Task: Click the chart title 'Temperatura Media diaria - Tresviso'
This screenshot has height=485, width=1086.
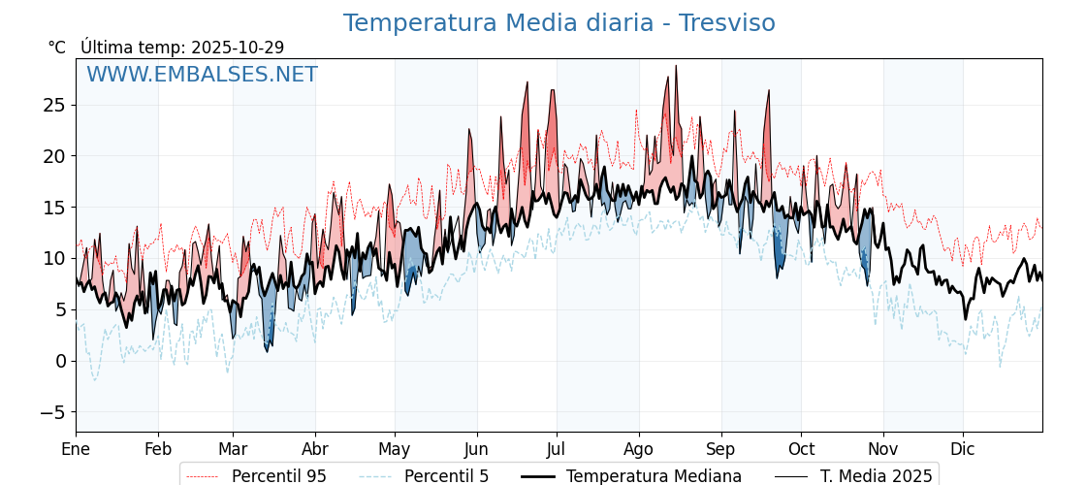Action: pos(559,23)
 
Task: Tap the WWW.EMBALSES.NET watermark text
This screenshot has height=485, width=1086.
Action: pos(202,75)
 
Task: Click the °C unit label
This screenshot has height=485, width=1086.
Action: pos(57,48)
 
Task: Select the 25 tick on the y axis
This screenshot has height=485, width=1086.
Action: pos(54,105)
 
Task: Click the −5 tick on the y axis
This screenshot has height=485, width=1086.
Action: pos(50,412)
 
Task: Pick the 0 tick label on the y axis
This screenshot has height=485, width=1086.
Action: pos(60,361)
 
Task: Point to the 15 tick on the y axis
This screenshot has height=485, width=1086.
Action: pos(54,208)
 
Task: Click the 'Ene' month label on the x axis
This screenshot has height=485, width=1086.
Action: pos(76,449)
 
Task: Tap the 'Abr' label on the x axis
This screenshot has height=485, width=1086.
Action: pos(315,449)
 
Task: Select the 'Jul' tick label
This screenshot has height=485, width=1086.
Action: pos(557,449)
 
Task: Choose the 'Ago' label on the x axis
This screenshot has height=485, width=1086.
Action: pos(639,449)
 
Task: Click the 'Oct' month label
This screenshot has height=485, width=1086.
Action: pos(801,449)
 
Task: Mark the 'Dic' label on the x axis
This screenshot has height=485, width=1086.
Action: pos(963,449)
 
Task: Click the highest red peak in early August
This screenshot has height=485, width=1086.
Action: pos(676,66)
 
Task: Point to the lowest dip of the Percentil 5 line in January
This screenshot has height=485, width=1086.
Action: pos(94,379)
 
